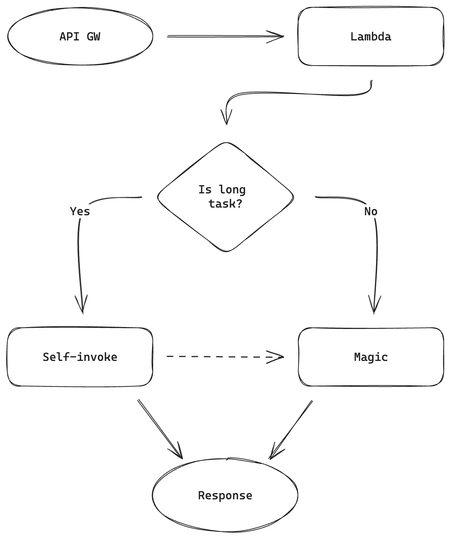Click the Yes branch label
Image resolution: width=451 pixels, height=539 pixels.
click(x=80, y=212)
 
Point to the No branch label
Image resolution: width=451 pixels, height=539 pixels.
click(x=371, y=212)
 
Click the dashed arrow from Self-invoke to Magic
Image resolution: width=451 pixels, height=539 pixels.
click(x=225, y=357)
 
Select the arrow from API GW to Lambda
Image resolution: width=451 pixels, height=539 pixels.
click(x=225, y=36)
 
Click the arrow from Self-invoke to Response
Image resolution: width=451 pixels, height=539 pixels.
click(x=160, y=429)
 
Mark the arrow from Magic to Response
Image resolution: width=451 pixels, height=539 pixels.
click(x=291, y=430)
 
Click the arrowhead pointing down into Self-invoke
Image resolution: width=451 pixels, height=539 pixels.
click(x=82, y=304)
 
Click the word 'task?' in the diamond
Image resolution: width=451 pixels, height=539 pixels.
click(x=225, y=204)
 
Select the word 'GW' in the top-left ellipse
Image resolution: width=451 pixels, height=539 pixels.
click(x=93, y=36)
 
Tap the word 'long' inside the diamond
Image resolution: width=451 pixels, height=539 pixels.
click(x=232, y=190)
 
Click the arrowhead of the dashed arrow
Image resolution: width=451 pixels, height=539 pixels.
click(x=275, y=357)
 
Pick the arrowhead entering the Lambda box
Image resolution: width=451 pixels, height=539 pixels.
click(x=275, y=37)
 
